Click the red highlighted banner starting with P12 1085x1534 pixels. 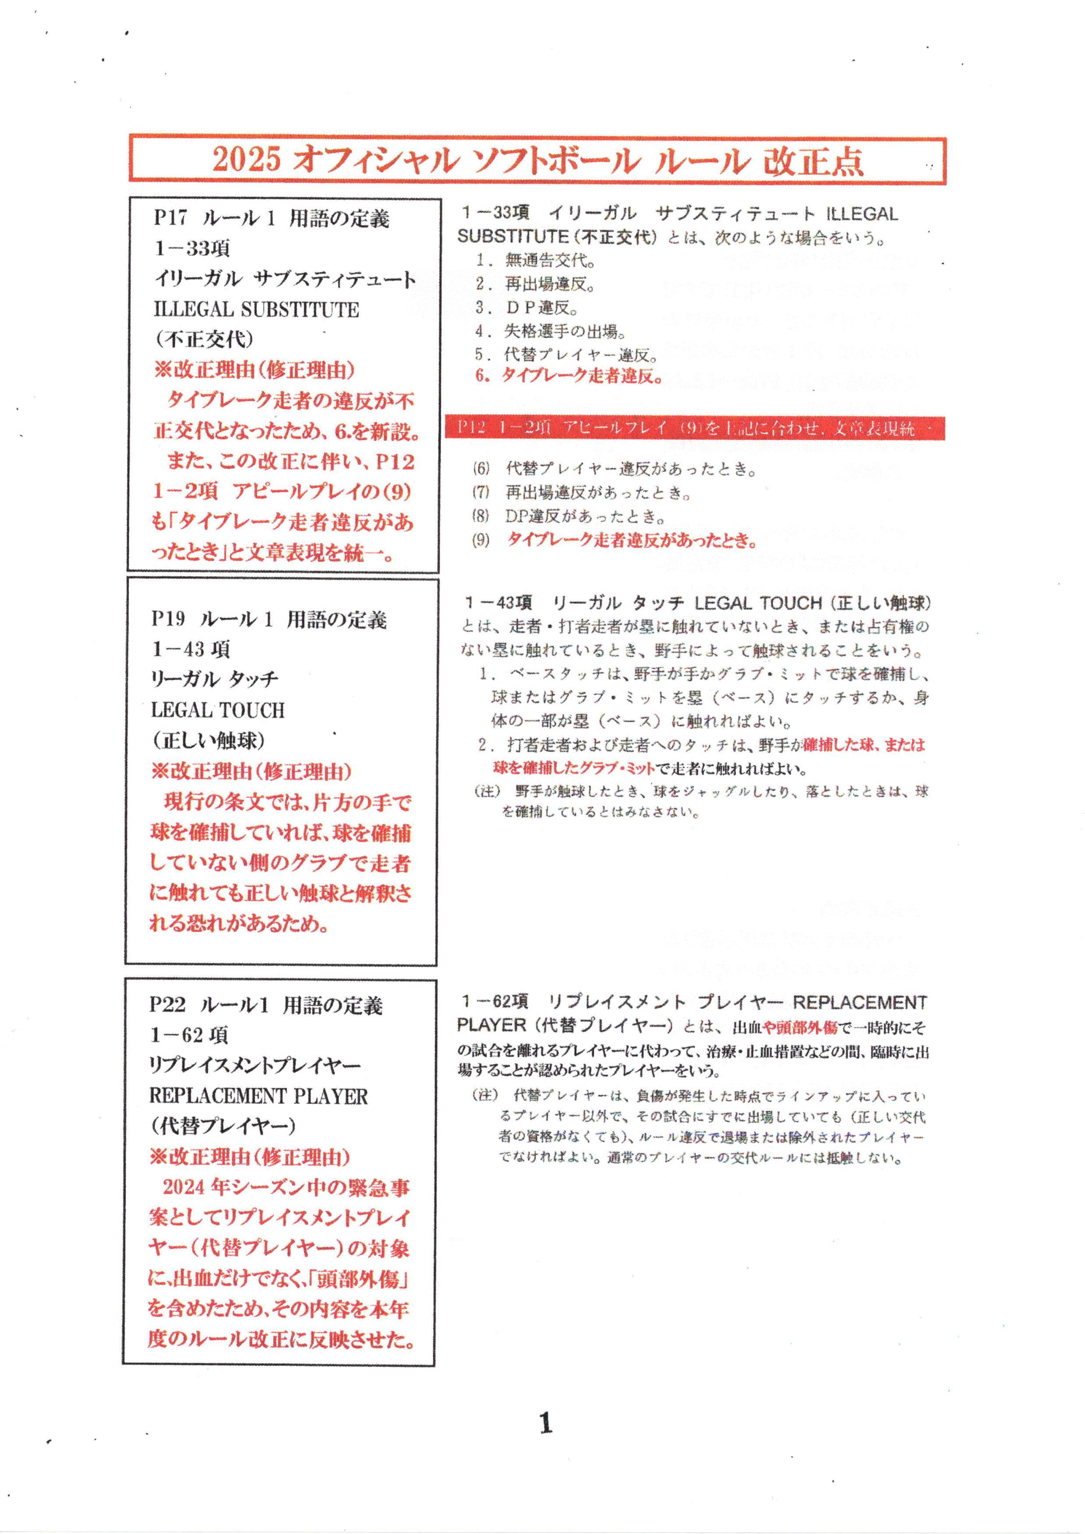pyautogui.click(x=695, y=429)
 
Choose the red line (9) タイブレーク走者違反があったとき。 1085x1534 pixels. pyautogui.click(x=615, y=540)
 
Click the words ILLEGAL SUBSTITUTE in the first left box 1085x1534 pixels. pyautogui.click(x=257, y=309)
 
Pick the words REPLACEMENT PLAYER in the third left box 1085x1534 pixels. pyautogui.click(x=258, y=1096)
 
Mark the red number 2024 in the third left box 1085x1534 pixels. pyautogui.click(x=182, y=1188)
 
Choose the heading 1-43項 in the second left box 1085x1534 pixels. pyautogui.click(x=191, y=649)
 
